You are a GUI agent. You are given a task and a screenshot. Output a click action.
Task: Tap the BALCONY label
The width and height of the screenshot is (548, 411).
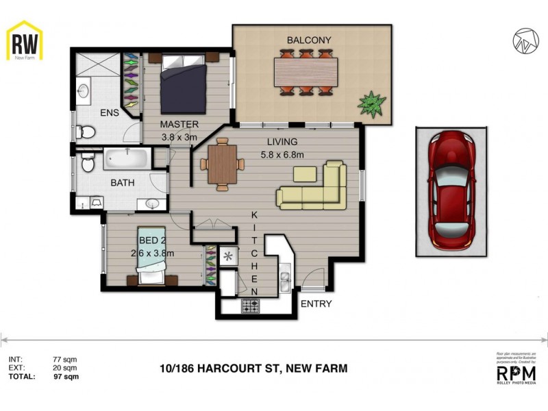309,40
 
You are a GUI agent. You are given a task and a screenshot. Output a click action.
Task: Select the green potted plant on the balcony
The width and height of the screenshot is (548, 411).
371,103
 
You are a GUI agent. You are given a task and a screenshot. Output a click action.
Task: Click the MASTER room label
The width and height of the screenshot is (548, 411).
179,125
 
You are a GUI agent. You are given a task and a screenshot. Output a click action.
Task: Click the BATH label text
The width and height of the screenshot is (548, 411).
123,184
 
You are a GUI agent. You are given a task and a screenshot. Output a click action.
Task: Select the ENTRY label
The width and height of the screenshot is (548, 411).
316,304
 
